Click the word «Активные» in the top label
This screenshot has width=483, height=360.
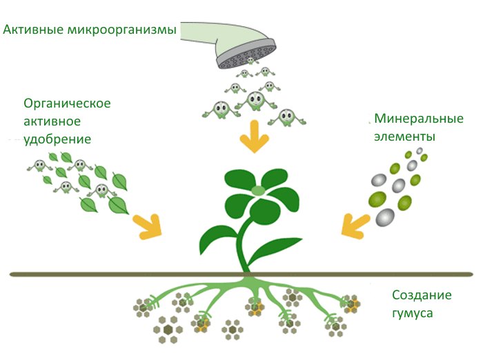[x=30, y=30]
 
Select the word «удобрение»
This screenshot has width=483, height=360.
[x=57, y=139]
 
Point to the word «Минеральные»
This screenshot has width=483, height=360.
[x=418, y=119]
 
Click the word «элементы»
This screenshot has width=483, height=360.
[x=404, y=137]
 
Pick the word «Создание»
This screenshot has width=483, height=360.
[x=422, y=295]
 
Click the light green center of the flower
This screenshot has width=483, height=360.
[x=258, y=190]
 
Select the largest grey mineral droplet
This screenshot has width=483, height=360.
[x=384, y=218]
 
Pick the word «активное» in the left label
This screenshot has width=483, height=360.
[x=52, y=121]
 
